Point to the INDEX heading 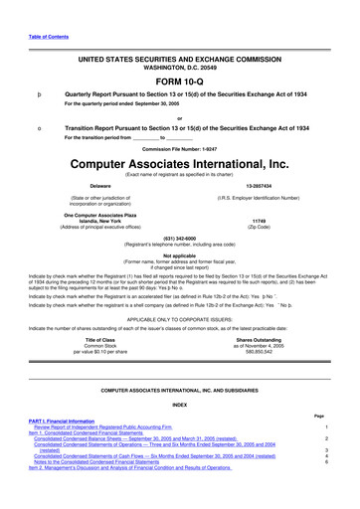[179, 431]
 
